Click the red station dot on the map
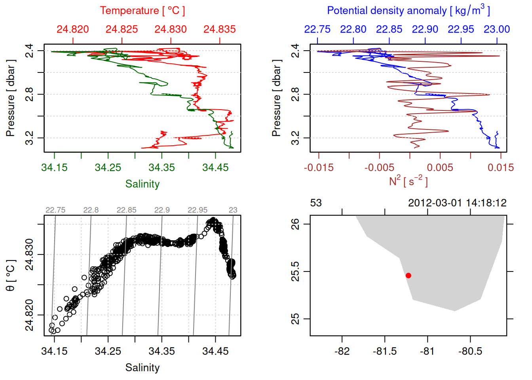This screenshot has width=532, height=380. tap(408, 275)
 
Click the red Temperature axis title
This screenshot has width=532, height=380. tap(142, 11)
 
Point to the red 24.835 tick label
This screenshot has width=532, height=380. tap(219, 29)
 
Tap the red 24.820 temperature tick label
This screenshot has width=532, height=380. tap(73, 29)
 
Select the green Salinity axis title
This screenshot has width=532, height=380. tap(142, 184)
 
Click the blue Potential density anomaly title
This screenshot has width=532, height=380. tap(408, 10)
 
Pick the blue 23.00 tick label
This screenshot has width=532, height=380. tap(496, 29)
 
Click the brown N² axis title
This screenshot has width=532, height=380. tap(408, 181)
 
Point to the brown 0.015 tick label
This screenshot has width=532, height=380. tap(500, 168)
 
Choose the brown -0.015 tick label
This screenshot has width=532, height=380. tap(319, 168)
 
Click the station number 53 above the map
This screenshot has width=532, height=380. tap(316, 203)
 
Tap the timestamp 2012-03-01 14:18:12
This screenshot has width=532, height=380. tap(457, 203)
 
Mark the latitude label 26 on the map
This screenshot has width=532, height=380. tap(295, 224)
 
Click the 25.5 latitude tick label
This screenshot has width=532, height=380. tap(295, 272)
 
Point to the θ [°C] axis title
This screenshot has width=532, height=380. tap(10, 275)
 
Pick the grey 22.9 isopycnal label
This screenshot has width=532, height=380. tap(162, 210)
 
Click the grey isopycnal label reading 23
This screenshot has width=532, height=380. tap(233, 210)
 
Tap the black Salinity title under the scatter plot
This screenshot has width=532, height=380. tap(142, 368)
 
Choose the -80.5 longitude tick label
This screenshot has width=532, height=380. tap(470, 351)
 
